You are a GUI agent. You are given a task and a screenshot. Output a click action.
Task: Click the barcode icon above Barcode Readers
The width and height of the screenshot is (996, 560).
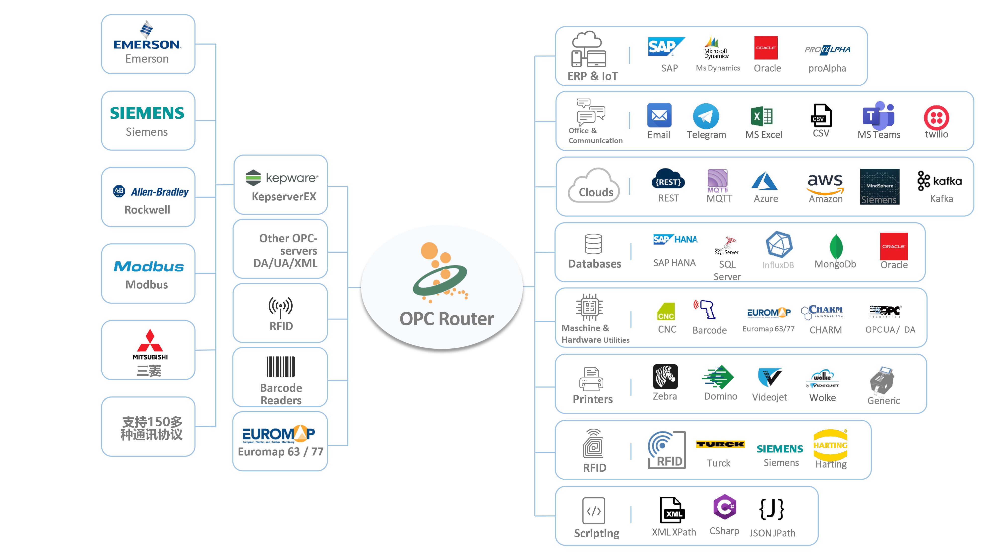click(x=281, y=366)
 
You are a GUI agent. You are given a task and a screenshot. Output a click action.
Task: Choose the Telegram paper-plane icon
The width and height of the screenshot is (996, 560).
click(x=706, y=116)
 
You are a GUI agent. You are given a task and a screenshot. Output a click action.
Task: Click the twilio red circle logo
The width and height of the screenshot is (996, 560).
click(x=936, y=117)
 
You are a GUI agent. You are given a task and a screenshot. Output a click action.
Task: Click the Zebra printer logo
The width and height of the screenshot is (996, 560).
click(x=665, y=376)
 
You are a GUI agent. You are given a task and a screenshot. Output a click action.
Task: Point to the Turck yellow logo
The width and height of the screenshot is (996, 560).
click(x=720, y=445)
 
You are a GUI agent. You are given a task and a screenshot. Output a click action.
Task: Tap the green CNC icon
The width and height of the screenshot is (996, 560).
click(x=666, y=312)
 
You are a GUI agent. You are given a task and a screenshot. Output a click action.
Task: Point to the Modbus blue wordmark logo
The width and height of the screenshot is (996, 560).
click(x=148, y=267)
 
